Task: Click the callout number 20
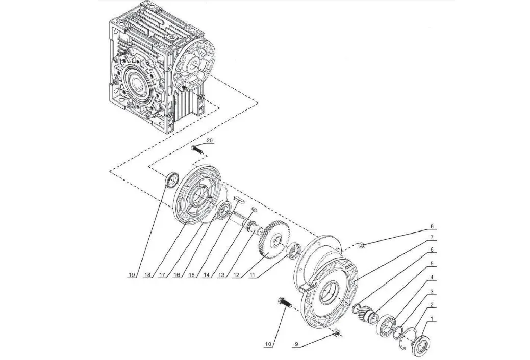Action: click(210, 140)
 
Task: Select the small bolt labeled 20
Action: click(197, 149)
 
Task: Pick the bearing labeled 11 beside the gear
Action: click(295, 251)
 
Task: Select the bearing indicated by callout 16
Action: click(223, 211)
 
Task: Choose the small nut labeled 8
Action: click(361, 245)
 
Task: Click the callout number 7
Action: click(431, 237)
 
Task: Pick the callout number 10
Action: click(267, 345)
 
